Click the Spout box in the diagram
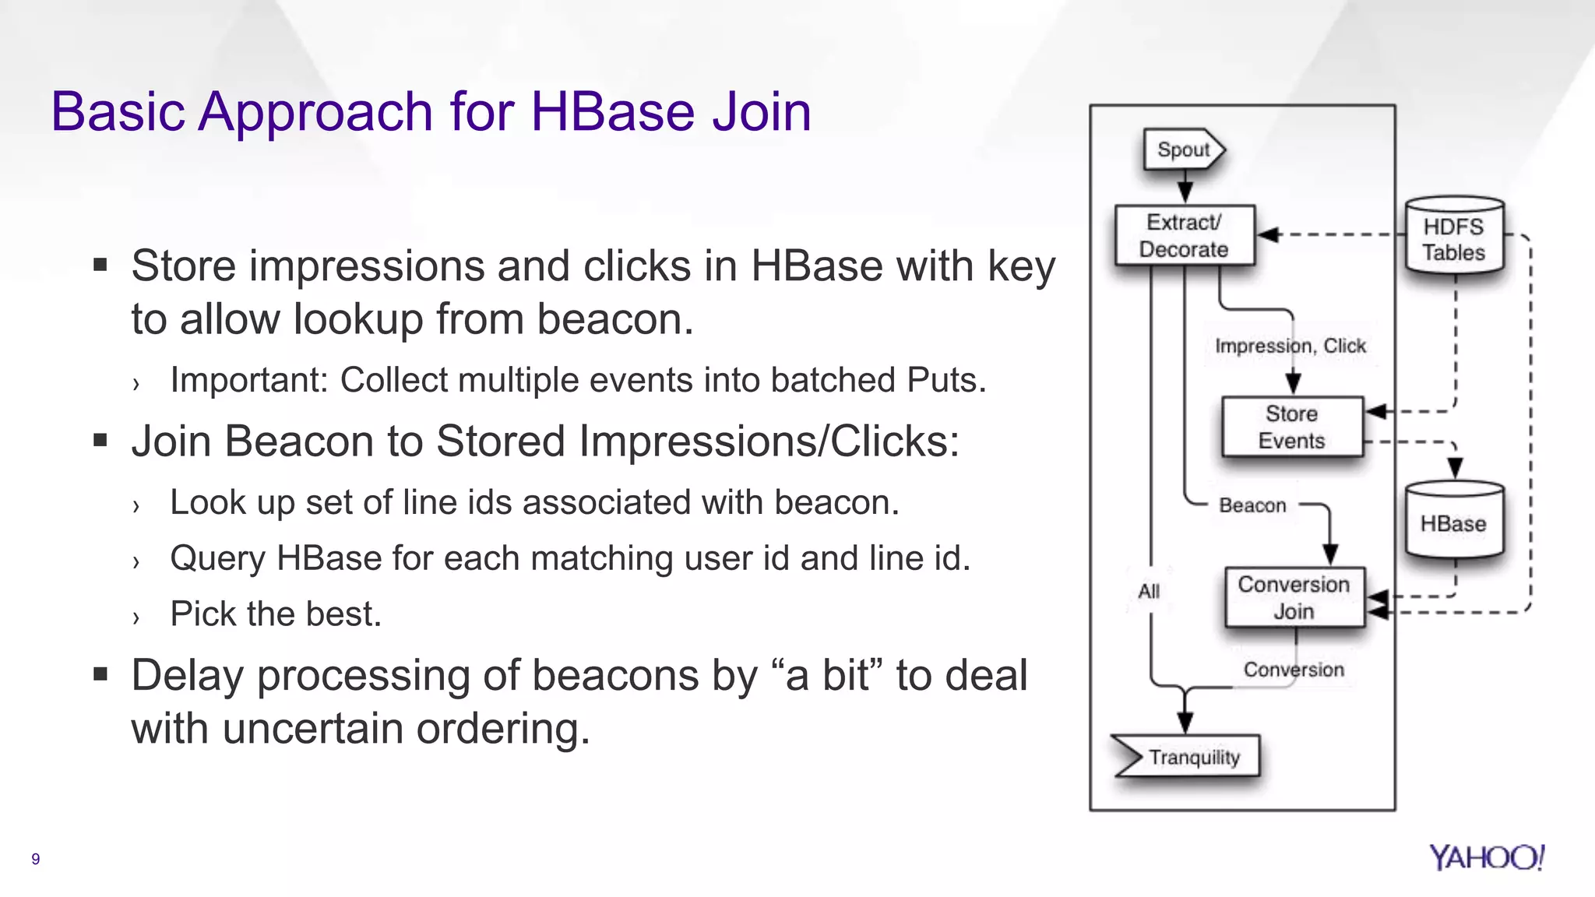(1183, 149)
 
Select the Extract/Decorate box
(1184, 236)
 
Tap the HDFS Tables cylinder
(1454, 237)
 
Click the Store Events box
(1292, 427)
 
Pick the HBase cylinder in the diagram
(1453, 522)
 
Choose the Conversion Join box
(1294, 598)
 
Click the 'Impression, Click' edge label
(1290, 346)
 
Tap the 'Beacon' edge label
(1252, 505)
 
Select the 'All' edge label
(1149, 592)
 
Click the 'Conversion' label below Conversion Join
(1294, 670)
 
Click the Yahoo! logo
(1486, 857)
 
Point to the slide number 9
(35, 859)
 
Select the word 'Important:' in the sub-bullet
(247, 381)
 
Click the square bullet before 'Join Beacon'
(100, 441)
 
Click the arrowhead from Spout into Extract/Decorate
(1185, 194)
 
